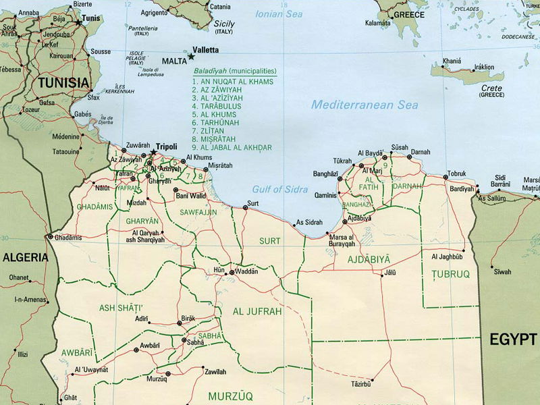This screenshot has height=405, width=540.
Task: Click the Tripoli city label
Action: click(167, 146)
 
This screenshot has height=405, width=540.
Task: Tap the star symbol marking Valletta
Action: click(191, 57)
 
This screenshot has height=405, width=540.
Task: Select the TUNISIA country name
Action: click(63, 82)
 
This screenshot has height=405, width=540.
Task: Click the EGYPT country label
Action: click(512, 339)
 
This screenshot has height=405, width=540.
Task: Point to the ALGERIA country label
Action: click(25, 257)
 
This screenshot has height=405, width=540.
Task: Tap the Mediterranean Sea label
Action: click(364, 105)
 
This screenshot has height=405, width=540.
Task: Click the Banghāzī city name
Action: click(325, 173)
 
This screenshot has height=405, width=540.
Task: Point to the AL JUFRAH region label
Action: click(257, 311)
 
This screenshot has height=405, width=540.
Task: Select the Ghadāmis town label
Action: click(68, 238)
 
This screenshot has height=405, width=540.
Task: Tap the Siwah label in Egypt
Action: click(502, 271)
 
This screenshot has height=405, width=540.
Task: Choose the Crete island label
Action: click(491, 88)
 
